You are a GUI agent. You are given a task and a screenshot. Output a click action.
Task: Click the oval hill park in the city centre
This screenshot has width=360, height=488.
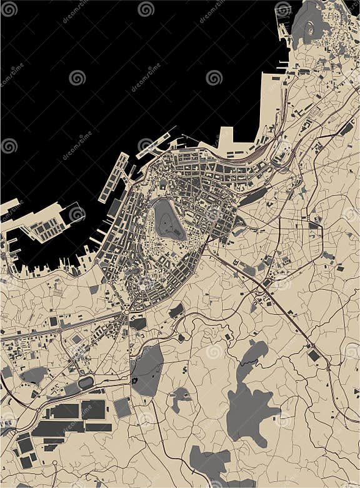(x=169, y=220)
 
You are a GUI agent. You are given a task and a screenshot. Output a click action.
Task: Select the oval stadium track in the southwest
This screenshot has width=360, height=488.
(x=85, y=382)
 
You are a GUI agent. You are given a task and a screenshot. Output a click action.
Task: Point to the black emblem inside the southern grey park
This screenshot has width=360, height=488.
(x=134, y=380)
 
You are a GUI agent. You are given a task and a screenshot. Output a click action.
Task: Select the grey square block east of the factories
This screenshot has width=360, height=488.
(x=122, y=407)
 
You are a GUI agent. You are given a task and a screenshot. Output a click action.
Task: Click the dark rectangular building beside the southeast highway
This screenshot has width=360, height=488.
(x=314, y=355)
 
